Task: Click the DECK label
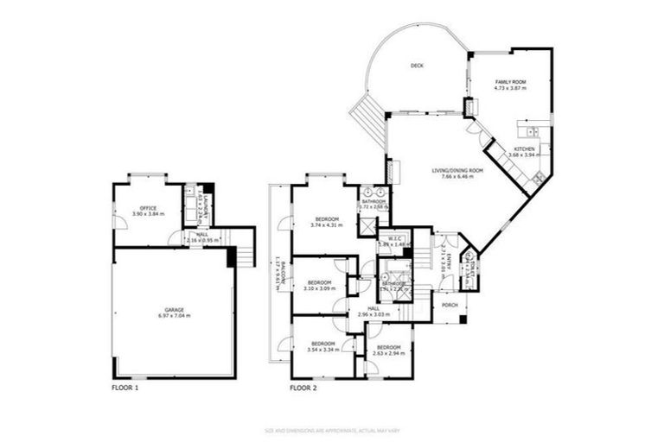pyautogui.click(x=417, y=65)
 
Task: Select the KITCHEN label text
pyautogui.click(x=525, y=148)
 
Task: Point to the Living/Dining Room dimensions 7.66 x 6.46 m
pyautogui.click(x=457, y=177)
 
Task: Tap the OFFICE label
pyautogui.click(x=147, y=207)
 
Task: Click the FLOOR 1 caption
pyautogui.click(x=125, y=388)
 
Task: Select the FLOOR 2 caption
pyautogui.click(x=304, y=388)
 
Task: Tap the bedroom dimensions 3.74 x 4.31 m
pyautogui.click(x=325, y=226)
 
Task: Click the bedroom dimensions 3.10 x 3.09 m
pyautogui.click(x=320, y=288)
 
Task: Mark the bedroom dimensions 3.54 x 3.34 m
pyautogui.click(x=322, y=350)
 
